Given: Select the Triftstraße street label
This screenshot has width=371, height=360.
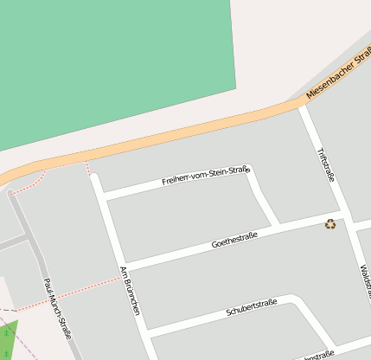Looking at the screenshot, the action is click(325, 164).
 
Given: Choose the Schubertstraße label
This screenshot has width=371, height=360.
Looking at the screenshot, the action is click(251, 307).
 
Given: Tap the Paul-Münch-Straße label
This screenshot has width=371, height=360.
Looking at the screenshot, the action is click(58, 307).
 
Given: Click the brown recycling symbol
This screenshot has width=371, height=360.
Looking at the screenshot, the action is click(330, 225).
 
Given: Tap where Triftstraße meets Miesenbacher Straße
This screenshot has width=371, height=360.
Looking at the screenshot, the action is click(302, 105).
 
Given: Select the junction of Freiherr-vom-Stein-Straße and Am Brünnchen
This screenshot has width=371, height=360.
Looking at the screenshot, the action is click(103, 197).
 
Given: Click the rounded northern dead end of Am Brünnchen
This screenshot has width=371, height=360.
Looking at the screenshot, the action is click(95, 179).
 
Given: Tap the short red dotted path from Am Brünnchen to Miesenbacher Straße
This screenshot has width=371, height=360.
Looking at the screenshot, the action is click(89, 168).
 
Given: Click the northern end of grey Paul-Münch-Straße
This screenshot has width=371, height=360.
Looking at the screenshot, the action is click(12, 193).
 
